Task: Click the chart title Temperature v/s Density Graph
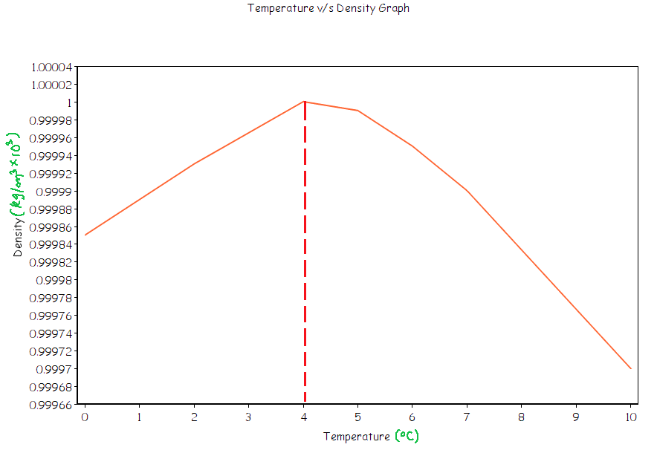coord(328,8)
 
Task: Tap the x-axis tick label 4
coord(305,417)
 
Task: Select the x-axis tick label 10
coord(630,417)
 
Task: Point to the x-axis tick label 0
coord(85,417)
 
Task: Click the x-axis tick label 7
coord(467,417)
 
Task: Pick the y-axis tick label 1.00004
coord(52,67)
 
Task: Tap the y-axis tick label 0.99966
coord(52,405)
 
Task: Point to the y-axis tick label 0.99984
coord(52,244)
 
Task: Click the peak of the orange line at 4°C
coord(305,102)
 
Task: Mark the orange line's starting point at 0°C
coord(85,235)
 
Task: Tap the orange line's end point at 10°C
coord(630,368)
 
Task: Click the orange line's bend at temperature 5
coord(358,111)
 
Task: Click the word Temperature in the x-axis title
coord(356,437)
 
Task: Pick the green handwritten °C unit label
coord(407,436)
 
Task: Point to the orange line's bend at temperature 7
coord(467,191)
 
